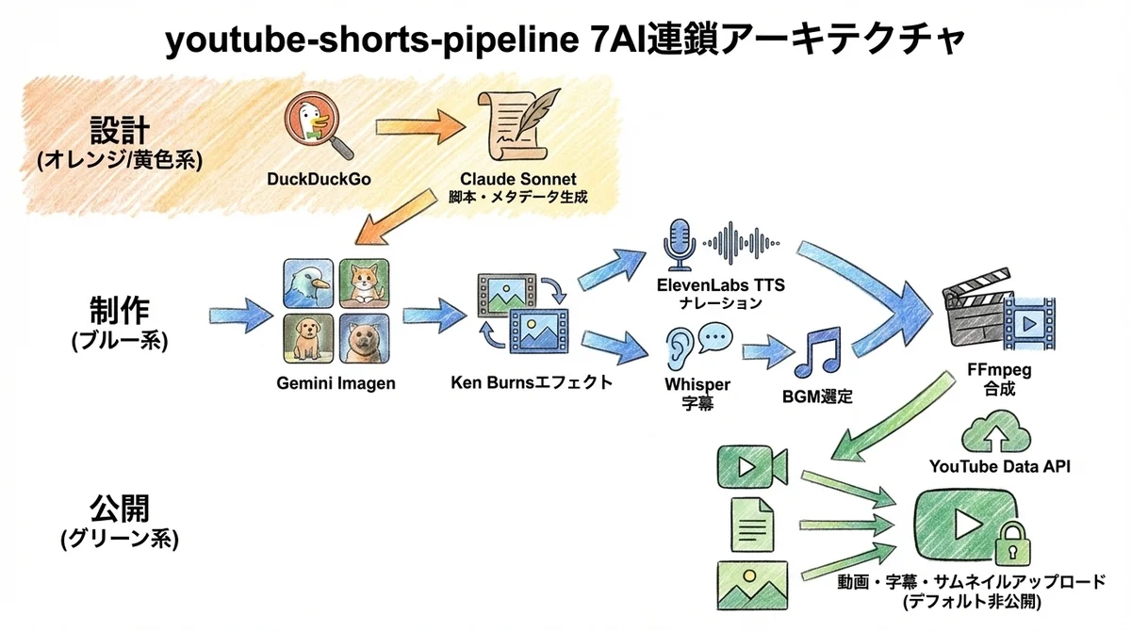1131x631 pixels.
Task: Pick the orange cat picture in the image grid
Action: (x=363, y=284)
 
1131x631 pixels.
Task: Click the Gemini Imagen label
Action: (x=336, y=384)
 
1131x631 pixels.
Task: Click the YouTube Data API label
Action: (x=999, y=465)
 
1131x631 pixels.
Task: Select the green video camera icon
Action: (x=751, y=465)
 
